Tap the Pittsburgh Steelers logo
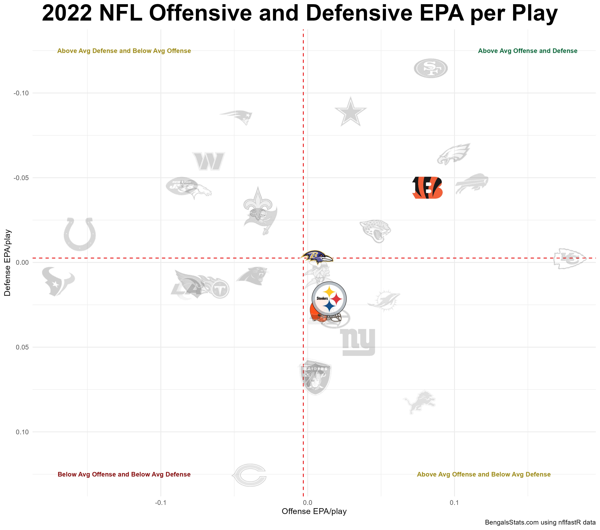click(x=329, y=299)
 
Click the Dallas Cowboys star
click(x=350, y=112)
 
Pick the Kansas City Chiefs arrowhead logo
click(x=569, y=258)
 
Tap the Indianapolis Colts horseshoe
click(x=79, y=234)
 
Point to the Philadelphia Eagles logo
click(x=454, y=154)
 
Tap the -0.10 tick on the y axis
click(x=21, y=93)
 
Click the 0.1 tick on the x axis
click(x=454, y=503)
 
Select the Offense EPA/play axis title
click(x=314, y=511)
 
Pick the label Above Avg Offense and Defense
click(x=527, y=51)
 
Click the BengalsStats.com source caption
click(x=540, y=522)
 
